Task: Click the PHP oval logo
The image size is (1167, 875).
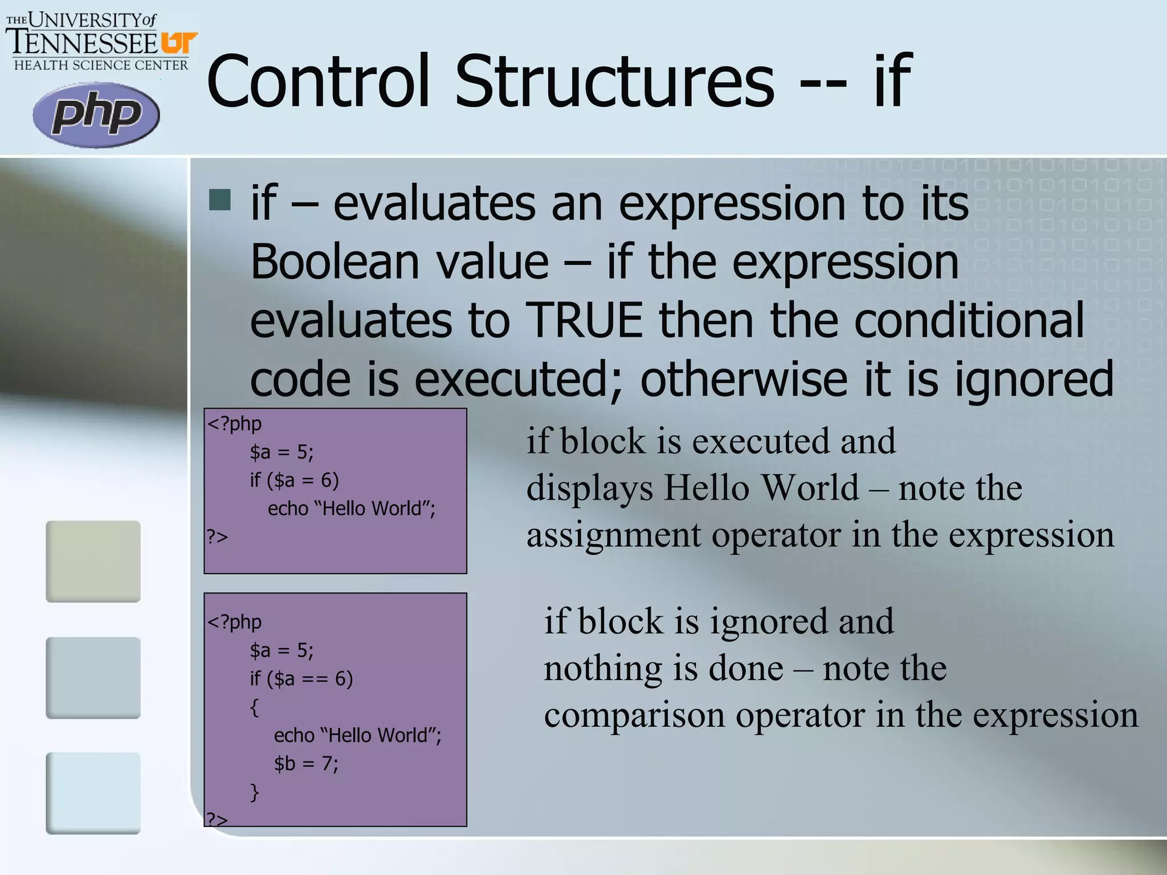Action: click(x=96, y=115)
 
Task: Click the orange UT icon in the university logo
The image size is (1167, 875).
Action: click(x=179, y=43)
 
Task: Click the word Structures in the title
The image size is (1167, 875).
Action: click(x=614, y=81)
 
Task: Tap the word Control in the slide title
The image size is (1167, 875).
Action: click(x=317, y=81)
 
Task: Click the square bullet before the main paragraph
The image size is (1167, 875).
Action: click(x=220, y=200)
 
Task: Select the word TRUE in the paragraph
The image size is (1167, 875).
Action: click(x=584, y=321)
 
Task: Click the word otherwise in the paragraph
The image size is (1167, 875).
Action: click(x=744, y=379)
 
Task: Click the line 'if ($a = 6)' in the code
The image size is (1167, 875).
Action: click(x=294, y=480)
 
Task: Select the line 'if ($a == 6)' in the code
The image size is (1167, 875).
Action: click(x=301, y=678)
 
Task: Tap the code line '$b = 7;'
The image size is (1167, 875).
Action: click(x=306, y=763)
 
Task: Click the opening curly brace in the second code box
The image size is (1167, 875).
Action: click(x=255, y=708)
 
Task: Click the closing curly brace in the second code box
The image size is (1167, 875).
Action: click(x=255, y=792)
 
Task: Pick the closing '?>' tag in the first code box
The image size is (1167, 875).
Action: click(x=217, y=537)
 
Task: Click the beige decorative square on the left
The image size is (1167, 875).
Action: click(x=93, y=561)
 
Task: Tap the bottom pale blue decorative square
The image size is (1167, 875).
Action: click(x=93, y=793)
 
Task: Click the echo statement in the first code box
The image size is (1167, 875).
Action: click(x=351, y=508)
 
